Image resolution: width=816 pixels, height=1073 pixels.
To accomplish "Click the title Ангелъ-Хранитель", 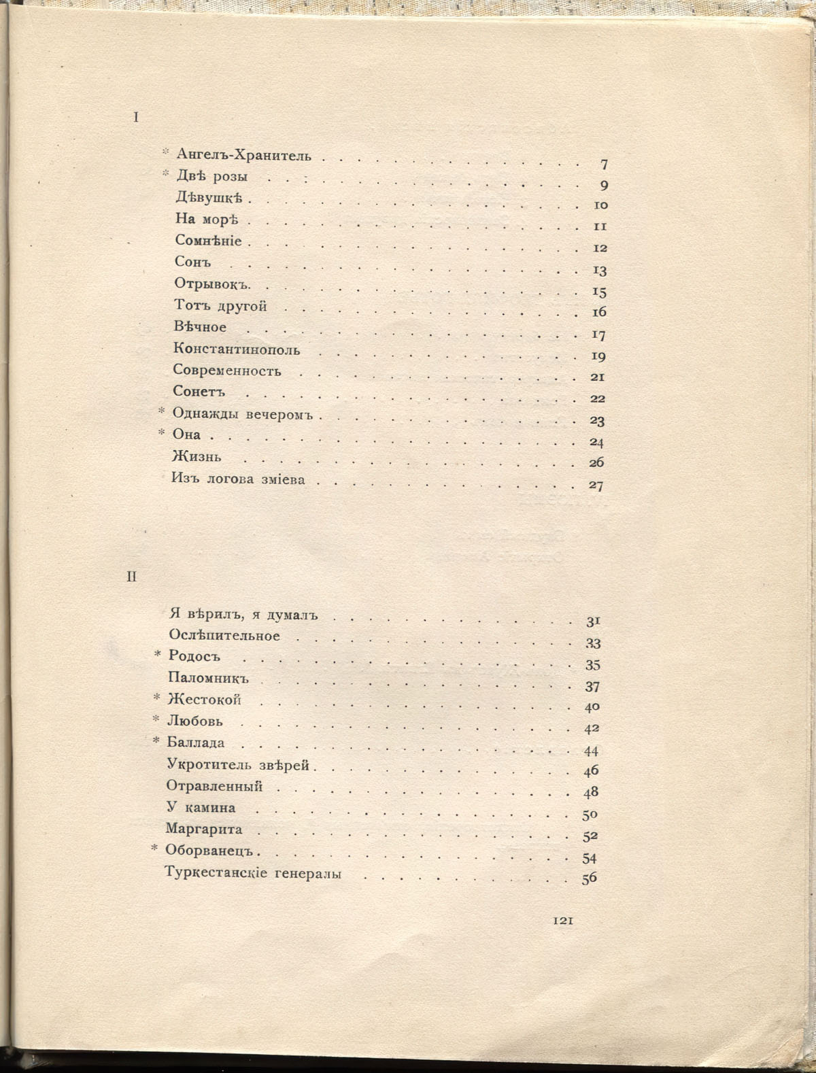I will click(243, 155).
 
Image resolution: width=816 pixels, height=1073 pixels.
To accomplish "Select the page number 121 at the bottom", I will click(564, 921).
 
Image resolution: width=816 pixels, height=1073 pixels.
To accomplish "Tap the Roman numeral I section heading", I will click(136, 118).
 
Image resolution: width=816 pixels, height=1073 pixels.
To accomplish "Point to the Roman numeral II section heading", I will click(132, 577).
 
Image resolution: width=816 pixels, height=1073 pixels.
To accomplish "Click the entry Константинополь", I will click(237, 350).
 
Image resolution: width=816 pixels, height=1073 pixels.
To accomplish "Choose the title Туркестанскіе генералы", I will click(253, 874).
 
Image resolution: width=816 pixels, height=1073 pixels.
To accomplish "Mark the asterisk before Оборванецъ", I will click(155, 849).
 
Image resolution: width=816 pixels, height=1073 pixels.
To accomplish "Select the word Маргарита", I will click(204, 830).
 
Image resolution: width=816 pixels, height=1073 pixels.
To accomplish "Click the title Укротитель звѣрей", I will click(238, 765).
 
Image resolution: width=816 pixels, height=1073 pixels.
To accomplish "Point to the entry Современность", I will click(226, 371).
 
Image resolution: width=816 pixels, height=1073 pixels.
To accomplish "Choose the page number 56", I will click(589, 879).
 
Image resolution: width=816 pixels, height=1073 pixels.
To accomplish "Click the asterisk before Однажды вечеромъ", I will click(162, 411).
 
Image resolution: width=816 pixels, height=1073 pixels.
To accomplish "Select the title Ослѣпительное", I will click(224, 636).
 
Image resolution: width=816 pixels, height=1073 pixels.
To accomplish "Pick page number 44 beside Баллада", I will click(590, 751).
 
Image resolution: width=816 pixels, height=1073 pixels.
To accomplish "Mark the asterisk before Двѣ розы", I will click(165, 175).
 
